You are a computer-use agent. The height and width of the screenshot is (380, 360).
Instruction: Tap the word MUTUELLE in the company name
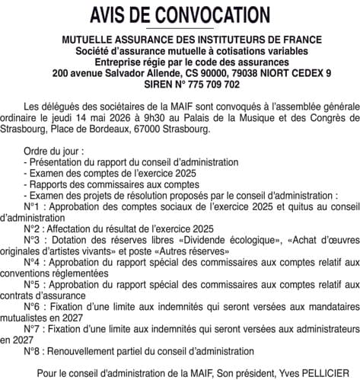tap(80, 39)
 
